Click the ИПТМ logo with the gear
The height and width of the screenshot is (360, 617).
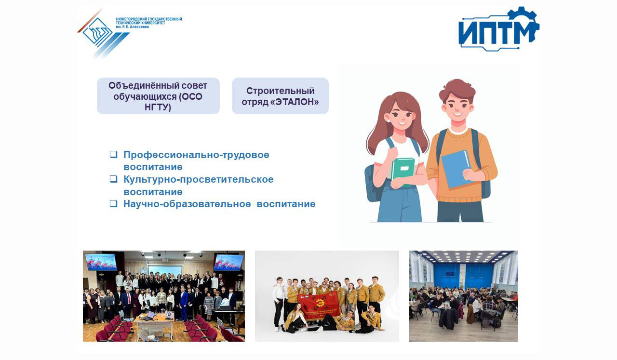(498, 29)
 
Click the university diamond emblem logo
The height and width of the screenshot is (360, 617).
(97, 32)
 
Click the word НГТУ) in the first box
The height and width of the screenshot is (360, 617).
(158, 107)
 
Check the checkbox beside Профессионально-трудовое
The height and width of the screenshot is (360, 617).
(113, 154)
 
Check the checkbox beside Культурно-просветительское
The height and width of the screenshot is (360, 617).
(113, 179)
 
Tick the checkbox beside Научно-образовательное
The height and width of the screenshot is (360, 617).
(113, 203)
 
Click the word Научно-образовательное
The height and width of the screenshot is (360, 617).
(187, 204)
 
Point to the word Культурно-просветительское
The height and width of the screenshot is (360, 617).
(198, 180)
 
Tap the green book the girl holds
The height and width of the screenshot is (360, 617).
(402, 173)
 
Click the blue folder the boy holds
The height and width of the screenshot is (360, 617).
(456, 169)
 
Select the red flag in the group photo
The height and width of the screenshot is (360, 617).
(320, 306)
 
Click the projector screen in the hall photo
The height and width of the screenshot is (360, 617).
(165, 271)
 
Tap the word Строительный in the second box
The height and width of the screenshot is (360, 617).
(281, 91)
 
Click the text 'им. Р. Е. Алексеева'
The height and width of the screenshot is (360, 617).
(132, 27)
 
